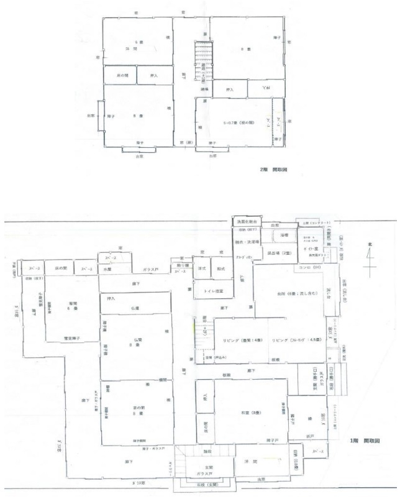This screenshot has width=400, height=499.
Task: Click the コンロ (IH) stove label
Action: (306, 269)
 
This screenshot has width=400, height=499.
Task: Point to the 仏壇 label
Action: (135, 307)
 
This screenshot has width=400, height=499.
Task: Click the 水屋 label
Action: (108, 270)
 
